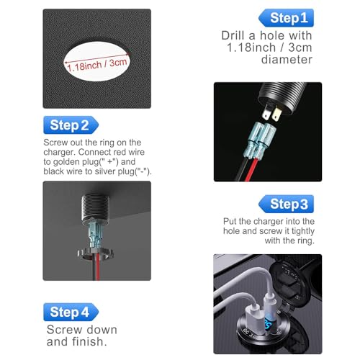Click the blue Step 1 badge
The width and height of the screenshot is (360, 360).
pos(286,18)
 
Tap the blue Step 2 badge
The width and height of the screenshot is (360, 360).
pos(71,125)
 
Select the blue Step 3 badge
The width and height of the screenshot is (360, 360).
pos(286,204)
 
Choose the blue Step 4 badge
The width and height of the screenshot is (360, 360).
pos(71,312)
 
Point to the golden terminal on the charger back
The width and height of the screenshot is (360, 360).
pos(276,114)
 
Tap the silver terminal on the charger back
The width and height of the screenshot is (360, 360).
pos(266,113)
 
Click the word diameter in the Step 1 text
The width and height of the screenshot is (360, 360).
pos(287,59)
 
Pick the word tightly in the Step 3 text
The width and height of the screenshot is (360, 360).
pos(303,231)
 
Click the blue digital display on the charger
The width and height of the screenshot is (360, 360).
pos(268,326)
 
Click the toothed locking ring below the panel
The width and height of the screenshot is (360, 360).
pos(95,254)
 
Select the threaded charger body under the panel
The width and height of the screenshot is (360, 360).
pos(95,207)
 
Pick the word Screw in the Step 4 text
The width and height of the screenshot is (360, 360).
pos(65,330)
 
